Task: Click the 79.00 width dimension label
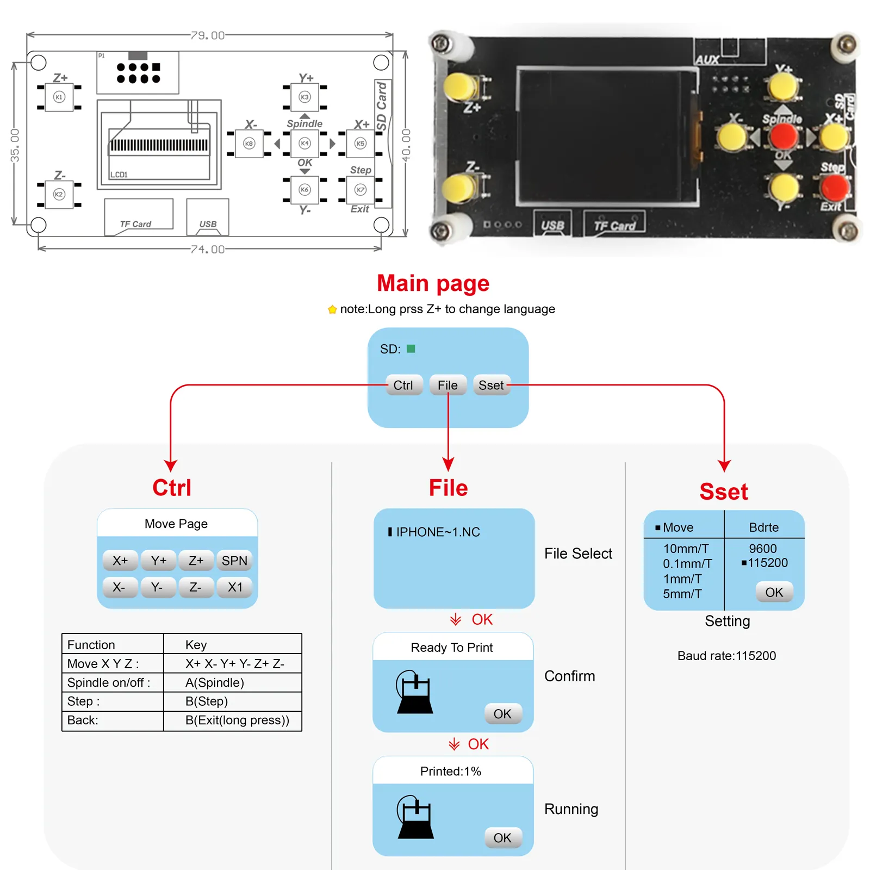[x=208, y=35]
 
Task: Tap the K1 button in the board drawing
[x=59, y=97]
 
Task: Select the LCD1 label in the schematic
[x=119, y=175]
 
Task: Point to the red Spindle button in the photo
[x=784, y=136]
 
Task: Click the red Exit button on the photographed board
[x=835, y=188]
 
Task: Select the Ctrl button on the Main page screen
[x=403, y=386]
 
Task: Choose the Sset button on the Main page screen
[x=491, y=386]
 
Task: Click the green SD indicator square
[x=411, y=349]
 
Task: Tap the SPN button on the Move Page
[x=234, y=561]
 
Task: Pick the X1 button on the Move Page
[x=235, y=587]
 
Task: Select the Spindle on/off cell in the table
[x=108, y=682]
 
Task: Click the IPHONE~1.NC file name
[x=438, y=532]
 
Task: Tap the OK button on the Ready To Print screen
[x=502, y=714]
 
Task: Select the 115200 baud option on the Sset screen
[x=767, y=563]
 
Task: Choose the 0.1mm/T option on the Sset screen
[x=687, y=564]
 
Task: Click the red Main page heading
[x=433, y=283]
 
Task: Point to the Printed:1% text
[x=451, y=771]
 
